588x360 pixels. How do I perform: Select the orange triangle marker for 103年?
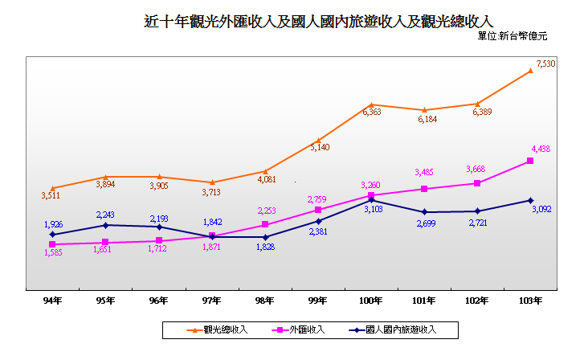coord(531,71)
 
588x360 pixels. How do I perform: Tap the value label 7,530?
coord(545,63)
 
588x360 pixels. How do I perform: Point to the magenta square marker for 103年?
coord(531,161)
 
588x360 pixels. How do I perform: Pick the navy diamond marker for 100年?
coord(371,200)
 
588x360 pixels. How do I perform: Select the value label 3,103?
coord(372,210)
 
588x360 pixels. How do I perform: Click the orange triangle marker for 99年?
coord(318,141)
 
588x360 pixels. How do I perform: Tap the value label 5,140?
coord(320,148)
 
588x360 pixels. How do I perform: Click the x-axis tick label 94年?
coord(53,301)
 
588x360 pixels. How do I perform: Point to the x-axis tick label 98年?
coord(264,301)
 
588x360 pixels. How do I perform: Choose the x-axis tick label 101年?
coord(424,301)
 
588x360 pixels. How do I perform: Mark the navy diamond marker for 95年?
coord(106,225)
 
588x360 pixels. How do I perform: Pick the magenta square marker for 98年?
coord(265,225)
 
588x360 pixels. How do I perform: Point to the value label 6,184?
coord(426,119)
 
